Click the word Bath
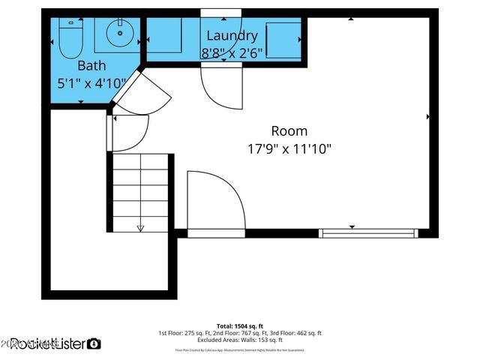tap(91, 65)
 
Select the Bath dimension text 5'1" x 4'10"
tap(91, 83)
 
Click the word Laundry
tap(232, 35)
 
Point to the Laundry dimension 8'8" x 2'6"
tap(232, 52)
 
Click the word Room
tap(289, 130)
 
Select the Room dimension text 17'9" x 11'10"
tap(289, 148)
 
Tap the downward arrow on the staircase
tap(140, 226)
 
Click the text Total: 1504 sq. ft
tap(240, 325)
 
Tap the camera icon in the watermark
tap(94, 343)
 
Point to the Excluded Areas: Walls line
tap(240, 340)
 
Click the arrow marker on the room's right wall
tap(428, 117)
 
